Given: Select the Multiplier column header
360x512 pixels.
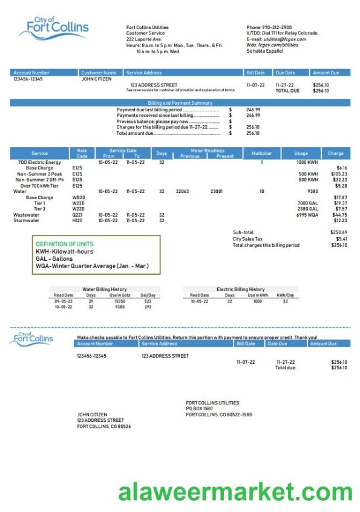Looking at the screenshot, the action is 261,153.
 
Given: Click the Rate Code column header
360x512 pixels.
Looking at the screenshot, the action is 82,153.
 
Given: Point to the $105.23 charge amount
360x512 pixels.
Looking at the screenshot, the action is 339,174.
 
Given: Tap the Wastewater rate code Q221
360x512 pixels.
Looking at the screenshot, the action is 77,214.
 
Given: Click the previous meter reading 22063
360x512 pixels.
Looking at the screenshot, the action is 182,191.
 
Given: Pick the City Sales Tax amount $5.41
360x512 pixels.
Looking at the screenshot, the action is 341,238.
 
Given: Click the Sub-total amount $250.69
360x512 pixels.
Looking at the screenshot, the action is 339,232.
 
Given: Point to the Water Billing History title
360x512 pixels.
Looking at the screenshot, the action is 104,289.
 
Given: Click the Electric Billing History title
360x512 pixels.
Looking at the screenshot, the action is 240,289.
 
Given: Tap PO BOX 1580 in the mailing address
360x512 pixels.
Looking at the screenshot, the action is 200,409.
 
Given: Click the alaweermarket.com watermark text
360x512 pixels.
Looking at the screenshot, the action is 235,491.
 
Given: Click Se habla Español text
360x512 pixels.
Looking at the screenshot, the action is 264,51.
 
